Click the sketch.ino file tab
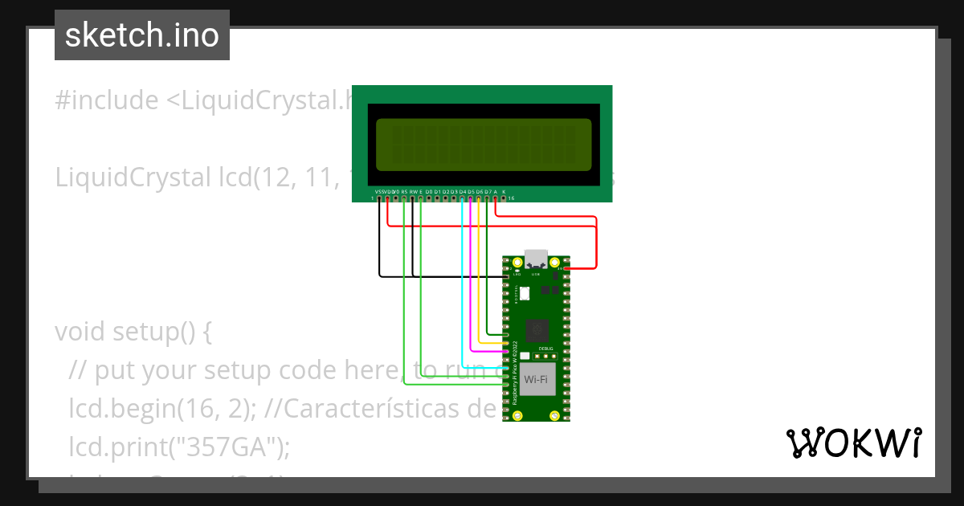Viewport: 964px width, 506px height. coord(142,35)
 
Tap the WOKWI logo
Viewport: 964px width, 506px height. coord(852,443)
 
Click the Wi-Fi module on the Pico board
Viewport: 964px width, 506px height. coord(537,378)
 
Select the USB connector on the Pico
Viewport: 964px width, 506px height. coord(536,260)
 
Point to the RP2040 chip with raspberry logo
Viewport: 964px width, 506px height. coord(537,330)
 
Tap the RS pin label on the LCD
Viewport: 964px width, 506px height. coord(404,192)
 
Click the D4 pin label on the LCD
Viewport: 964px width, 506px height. coord(462,192)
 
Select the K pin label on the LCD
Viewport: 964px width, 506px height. coord(504,192)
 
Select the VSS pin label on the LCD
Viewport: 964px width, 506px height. coord(379,192)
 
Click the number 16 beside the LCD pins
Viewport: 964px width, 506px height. coord(512,198)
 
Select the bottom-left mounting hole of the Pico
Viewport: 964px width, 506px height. coord(518,415)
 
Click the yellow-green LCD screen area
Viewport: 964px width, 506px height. coord(482,144)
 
